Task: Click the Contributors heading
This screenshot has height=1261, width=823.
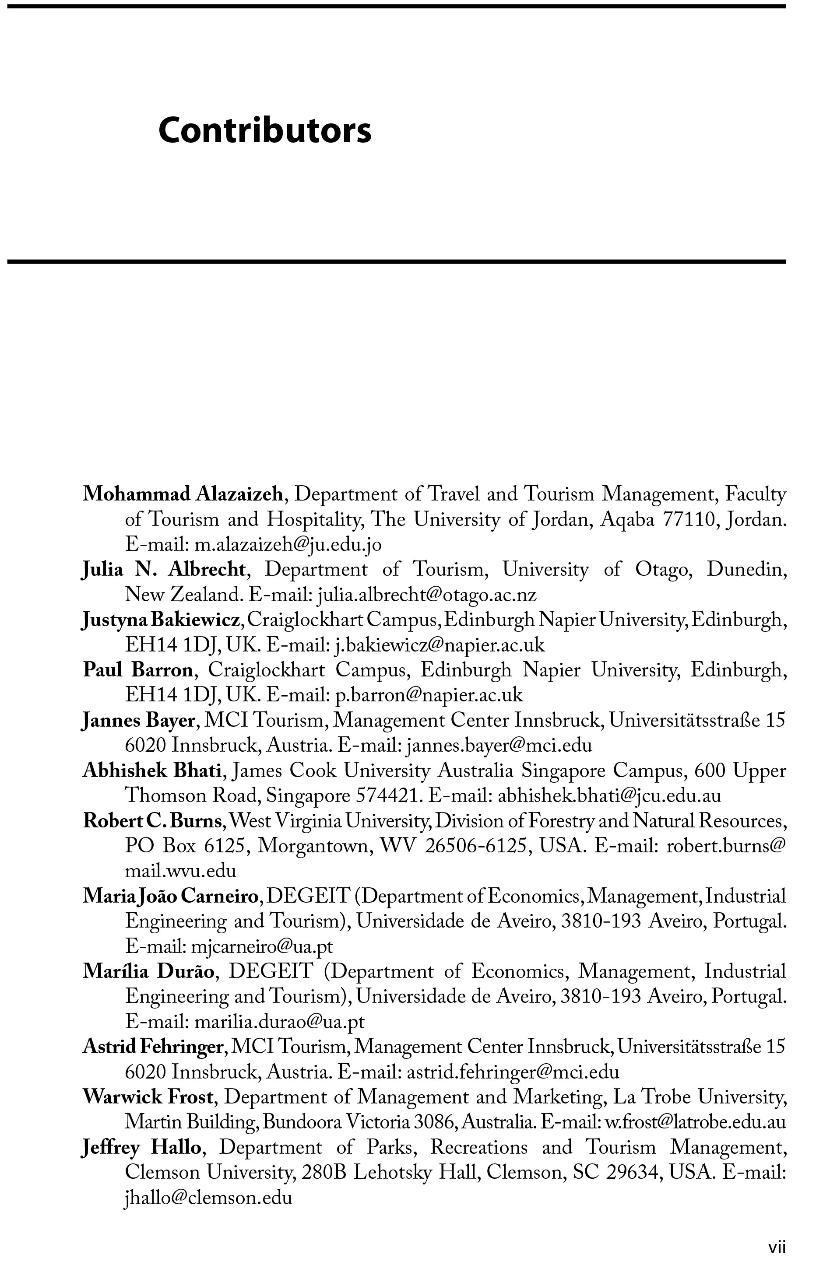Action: (x=264, y=130)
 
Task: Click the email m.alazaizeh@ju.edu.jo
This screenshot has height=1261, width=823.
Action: (x=288, y=545)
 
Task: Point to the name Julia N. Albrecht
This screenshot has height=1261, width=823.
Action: (x=164, y=570)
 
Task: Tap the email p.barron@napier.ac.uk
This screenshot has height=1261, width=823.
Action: (x=429, y=695)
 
